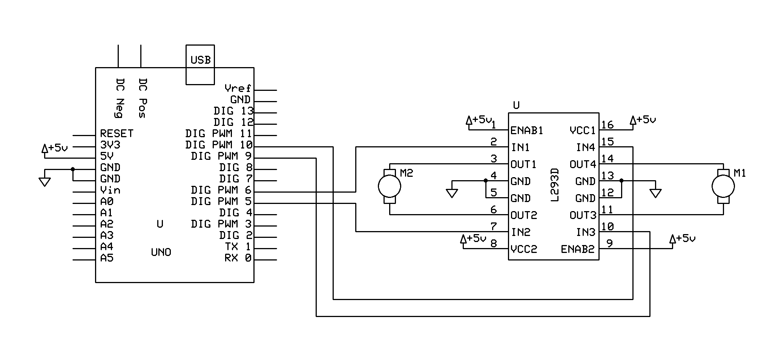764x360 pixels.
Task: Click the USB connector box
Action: point(200,64)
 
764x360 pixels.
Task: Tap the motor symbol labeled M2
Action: point(390,186)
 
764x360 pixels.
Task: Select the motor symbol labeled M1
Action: point(723,186)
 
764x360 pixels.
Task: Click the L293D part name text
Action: point(554,185)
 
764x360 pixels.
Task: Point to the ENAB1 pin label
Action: point(526,130)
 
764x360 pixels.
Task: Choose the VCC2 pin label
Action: point(523,249)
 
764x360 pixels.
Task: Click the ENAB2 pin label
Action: point(577,249)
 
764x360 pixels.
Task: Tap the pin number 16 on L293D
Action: point(607,125)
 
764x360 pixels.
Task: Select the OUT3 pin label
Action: point(583,215)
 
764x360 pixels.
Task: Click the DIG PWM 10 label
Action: point(219,145)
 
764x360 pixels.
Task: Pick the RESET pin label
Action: point(117,133)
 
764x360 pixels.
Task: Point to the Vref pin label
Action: point(238,88)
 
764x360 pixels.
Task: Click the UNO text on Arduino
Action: point(161,252)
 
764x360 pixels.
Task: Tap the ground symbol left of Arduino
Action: point(44,182)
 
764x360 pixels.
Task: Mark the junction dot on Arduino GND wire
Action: point(73,169)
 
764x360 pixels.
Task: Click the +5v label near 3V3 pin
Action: point(55,148)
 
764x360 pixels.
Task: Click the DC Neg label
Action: point(120,98)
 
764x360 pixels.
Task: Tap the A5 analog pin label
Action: point(107,258)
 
